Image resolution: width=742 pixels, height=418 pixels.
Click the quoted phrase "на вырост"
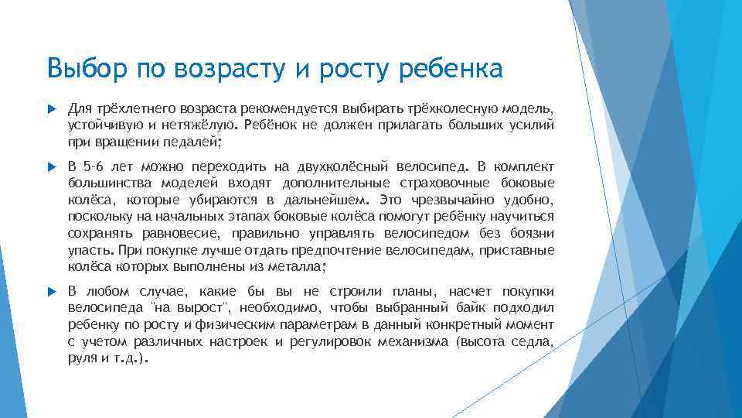click(x=175, y=308)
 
